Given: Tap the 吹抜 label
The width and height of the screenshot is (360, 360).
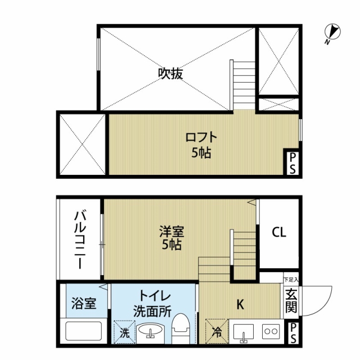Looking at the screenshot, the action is coord(170,74).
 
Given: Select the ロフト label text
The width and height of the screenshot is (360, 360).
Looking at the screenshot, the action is coord(201,137).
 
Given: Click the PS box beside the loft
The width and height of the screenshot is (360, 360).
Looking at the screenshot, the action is coord(292,164).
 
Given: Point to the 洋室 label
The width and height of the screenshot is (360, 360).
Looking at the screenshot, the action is coord(172,231).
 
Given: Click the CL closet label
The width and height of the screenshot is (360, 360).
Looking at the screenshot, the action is coord(279,232).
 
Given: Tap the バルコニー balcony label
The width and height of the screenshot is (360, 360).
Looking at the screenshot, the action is coord(80,240).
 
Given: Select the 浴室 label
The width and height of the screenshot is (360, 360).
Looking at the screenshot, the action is coord(84,303).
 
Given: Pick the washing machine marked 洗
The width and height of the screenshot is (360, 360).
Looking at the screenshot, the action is coord(124,331).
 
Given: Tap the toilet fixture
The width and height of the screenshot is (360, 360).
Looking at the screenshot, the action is coord(181,328).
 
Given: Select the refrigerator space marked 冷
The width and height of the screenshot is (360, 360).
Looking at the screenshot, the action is coord(217,331).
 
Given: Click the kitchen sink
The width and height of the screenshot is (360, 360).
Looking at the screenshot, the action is coord(244,332).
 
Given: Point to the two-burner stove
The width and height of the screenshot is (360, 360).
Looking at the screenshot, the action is coord(271,331).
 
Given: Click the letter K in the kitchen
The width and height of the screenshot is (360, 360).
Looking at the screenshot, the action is coord(240,304).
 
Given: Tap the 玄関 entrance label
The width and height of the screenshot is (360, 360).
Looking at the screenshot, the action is coord(291,300).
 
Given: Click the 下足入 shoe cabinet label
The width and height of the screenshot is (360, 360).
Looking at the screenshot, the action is coord(291,280).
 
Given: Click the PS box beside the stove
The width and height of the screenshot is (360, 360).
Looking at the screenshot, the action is coord(292,333).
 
